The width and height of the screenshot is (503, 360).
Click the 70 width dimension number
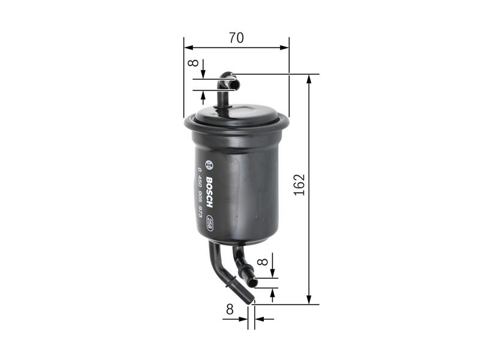(236, 37)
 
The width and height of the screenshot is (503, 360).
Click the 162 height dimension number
(300, 184)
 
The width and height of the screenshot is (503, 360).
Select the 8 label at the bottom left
(230, 310)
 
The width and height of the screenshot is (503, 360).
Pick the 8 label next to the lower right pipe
(262, 262)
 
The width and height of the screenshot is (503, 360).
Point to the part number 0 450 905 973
(200, 193)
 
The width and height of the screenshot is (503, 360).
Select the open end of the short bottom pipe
(254, 281)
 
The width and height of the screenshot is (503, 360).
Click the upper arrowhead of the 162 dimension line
(309, 79)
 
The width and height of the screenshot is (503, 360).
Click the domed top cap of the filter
(236, 113)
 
